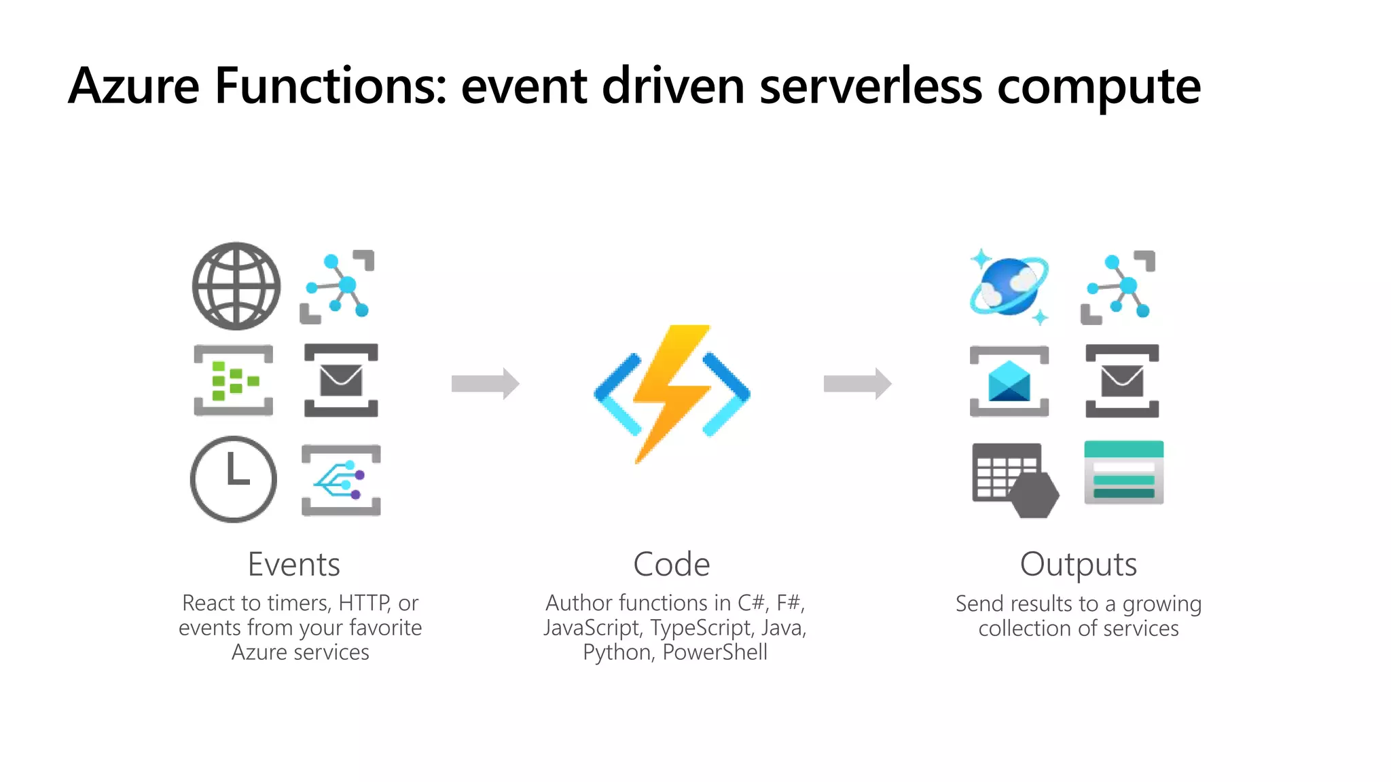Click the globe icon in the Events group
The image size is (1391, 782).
(236, 286)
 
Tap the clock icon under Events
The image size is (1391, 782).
(234, 479)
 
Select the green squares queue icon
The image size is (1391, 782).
(234, 380)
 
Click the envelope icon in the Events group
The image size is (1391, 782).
(341, 380)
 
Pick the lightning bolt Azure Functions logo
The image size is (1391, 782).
(672, 394)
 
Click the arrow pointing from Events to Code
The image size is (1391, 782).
(485, 384)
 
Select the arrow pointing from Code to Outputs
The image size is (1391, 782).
(857, 384)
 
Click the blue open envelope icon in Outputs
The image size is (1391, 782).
(1009, 381)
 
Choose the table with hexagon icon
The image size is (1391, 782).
(1015, 480)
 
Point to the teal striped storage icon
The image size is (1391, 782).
(1123, 472)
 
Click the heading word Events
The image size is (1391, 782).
(293, 564)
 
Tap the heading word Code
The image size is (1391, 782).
(671, 564)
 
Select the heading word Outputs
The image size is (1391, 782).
(1078, 564)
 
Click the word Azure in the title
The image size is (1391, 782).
(134, 86)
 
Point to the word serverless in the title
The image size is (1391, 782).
(871, 86)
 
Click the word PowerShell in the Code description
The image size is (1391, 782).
(715, 652)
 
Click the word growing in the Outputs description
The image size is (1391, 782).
(1161, 604)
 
